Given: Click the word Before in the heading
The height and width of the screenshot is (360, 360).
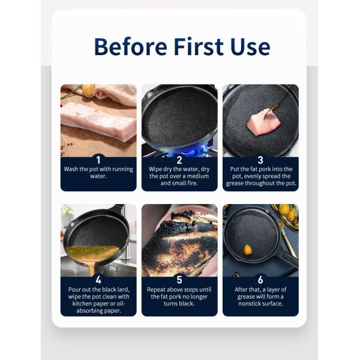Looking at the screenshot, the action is (x=131, y=47).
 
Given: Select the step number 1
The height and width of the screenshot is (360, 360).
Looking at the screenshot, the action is (x=98, y=160).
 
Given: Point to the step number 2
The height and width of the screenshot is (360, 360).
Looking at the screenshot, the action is (x=179, y=160).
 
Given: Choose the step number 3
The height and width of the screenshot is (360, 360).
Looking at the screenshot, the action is (x=260, y=160).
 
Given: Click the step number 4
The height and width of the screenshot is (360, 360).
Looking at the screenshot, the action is (x=98, y=280).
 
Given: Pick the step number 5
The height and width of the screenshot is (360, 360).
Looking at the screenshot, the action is (x=179, y=280).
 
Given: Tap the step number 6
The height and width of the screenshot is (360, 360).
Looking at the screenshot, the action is (x=260, y=280).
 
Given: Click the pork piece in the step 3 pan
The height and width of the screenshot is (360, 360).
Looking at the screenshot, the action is (x=263, y=122).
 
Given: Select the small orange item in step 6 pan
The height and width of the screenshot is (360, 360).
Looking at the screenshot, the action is (x=248, y=250).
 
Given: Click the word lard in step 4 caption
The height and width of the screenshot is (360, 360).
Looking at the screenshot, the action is (x=123, y=290).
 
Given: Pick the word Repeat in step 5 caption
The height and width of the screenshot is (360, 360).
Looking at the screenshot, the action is (x=157, y=290).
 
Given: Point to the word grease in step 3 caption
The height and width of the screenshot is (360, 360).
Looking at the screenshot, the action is (x=235, y=184).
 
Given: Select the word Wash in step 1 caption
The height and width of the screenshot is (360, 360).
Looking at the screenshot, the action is (x=71, y=169).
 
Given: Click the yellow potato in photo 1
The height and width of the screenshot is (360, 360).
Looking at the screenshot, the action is (x=88, y=90).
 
